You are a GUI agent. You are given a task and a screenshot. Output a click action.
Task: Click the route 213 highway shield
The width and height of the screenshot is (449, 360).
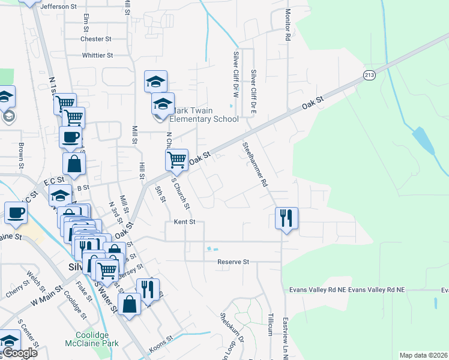coord(369,75)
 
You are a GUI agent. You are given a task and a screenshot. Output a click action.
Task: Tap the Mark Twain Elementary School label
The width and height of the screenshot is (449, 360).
coord(204,115)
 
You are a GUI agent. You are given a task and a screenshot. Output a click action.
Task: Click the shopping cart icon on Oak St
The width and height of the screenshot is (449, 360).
coord(176,160)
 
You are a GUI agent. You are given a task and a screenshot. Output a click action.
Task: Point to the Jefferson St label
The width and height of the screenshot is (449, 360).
coord(59,7)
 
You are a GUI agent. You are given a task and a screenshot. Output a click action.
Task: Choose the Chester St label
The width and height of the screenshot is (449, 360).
coord(96,39)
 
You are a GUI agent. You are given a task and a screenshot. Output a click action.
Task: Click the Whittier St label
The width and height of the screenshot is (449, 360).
coord(98,56)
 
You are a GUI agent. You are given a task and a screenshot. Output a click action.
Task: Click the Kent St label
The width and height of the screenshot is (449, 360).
coord(184,222)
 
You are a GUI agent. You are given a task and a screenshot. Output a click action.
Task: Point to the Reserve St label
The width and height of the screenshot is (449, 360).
coord(233,262)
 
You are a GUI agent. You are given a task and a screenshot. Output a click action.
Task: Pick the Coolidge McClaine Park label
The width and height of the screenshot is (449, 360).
coord(97,339)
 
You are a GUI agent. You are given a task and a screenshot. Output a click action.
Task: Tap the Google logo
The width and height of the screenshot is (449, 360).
coord(20,353)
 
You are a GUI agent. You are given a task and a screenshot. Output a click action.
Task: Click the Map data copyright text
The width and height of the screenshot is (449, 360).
coord(423,355)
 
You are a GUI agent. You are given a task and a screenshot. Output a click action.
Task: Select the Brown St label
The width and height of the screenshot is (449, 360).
coord(21,154)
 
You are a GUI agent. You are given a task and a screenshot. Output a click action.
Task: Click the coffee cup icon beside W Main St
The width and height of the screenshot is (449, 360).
coord(16,212)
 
